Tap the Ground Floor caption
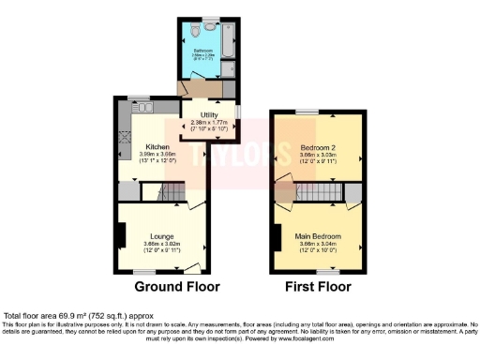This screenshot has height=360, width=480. coord(170,286)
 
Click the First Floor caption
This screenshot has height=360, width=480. coord(319,286)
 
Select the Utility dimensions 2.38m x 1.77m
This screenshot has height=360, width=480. coord(210,125)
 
